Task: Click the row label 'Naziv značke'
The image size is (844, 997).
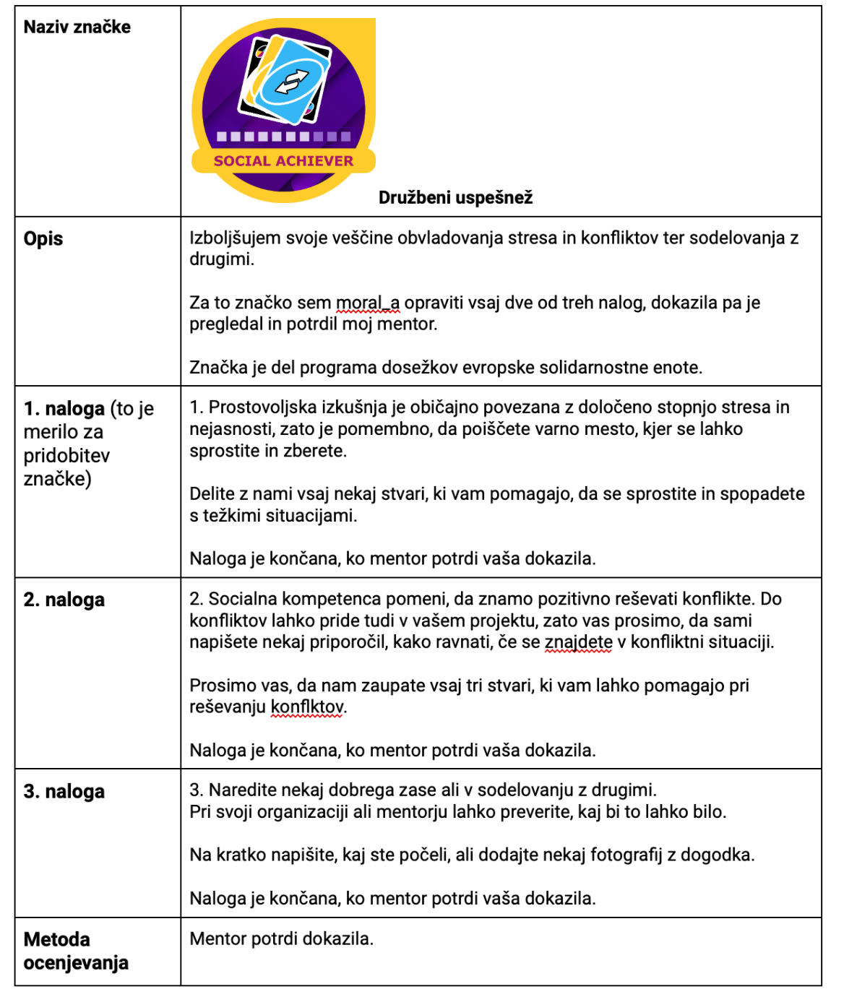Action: [77, 27]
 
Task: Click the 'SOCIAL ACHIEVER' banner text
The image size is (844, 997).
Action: [283, 161]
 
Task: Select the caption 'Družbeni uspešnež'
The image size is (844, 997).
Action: [455, 197]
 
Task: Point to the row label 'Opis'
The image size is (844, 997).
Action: [43, 238]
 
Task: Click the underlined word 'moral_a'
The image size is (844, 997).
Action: [367, 303]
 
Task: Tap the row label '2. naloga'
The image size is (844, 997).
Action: [64, 600]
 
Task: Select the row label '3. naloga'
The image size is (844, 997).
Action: [64, 791]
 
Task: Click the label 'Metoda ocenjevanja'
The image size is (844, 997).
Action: [75, 951]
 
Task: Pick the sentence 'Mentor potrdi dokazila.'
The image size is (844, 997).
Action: [281, 938]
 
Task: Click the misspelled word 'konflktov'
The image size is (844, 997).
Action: [308, 707]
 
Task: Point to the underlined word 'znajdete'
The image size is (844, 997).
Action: [578, 642]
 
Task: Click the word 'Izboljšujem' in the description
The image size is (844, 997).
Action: [233, 238]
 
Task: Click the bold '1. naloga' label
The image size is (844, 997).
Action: [64, 409]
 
